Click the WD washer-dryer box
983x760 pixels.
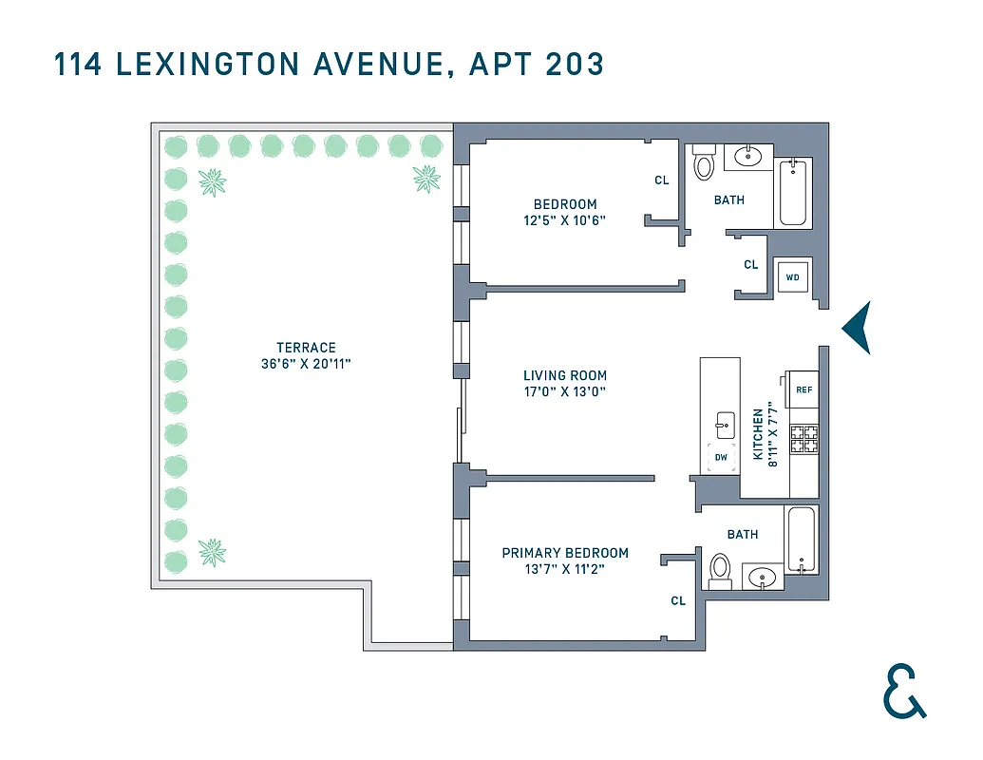[x=792, y=277]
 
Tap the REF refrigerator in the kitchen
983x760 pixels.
[x=803, y=389]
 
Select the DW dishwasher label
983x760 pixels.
[x=721, y=458]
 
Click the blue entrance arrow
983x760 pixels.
[x=857, y=328]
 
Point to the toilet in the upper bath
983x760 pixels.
[x=704, y=163]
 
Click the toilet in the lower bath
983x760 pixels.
[x=720, y=570]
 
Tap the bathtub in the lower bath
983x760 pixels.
[x=799, y=541]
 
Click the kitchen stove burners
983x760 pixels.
[x=803, y=436]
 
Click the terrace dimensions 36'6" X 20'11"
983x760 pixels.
[x=306, y=364]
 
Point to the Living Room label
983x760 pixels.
[x=564, y=375]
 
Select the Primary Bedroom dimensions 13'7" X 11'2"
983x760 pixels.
[x=565, y=570]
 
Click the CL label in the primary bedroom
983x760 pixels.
[x=678, y=600]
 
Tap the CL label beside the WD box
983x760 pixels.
[x=751, y=265]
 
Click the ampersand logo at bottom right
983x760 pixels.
[x=903, y=691]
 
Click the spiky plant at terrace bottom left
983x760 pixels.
[x=212, y=550]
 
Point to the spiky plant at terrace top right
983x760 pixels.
[x=426, y=178]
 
